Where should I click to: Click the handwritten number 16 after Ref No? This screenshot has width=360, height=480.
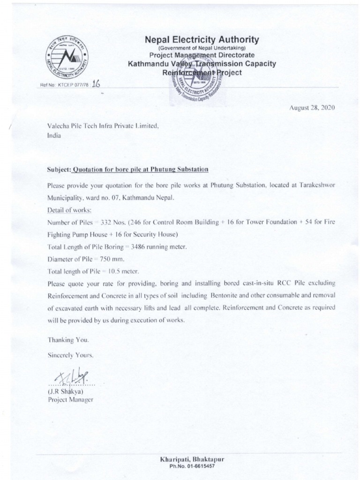(x=97, y=84)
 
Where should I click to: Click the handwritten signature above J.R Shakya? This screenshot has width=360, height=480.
(x=69, y=375)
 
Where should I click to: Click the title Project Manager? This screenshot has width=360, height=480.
(x=71, y=399)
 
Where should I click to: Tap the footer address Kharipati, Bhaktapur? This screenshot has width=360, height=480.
(x=192, y=460)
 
